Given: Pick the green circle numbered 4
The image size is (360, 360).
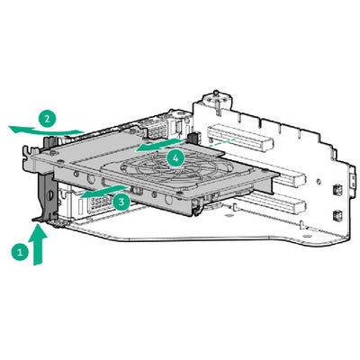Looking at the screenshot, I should click(176, 157).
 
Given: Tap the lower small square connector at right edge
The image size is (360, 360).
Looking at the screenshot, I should click(335, 216).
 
